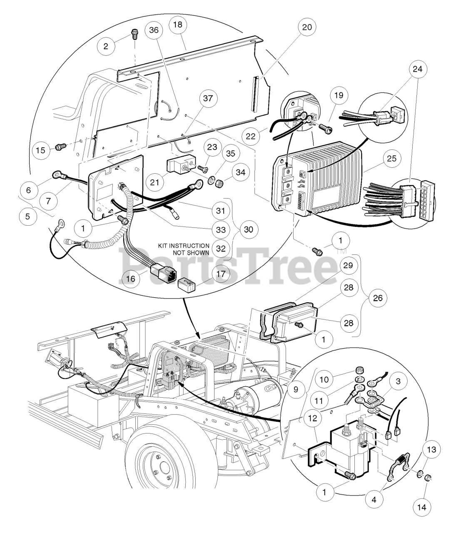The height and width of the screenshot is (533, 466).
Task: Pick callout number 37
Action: coord(207,99)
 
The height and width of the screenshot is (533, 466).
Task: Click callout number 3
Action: coord(399,382)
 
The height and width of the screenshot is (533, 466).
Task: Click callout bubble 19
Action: coord(338,96)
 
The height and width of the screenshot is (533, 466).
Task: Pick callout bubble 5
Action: coord(28,217)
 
